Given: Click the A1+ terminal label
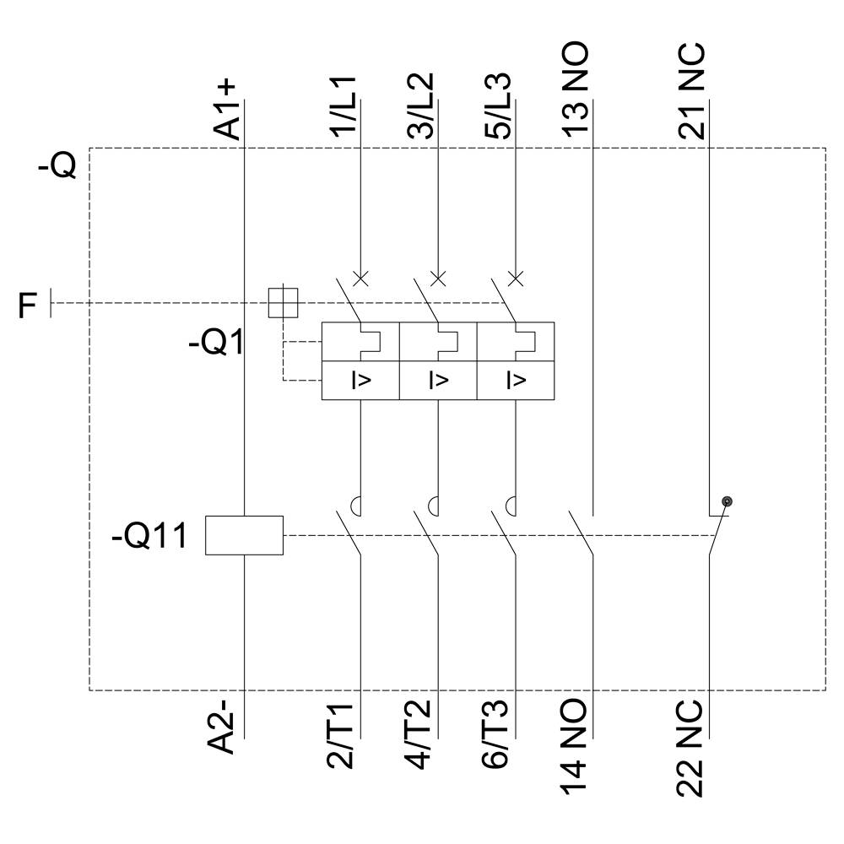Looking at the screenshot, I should coord(228,110).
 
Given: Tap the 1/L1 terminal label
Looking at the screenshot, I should coord(344,107).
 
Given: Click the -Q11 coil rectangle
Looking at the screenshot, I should coord(244,535).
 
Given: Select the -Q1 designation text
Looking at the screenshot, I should coord(214,344).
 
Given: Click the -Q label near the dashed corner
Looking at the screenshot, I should coord(57,166).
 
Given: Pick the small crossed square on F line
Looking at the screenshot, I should coord(283,302).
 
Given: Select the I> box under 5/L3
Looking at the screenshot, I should coord(515,380).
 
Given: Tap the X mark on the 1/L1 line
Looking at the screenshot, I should coord(360,278).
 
